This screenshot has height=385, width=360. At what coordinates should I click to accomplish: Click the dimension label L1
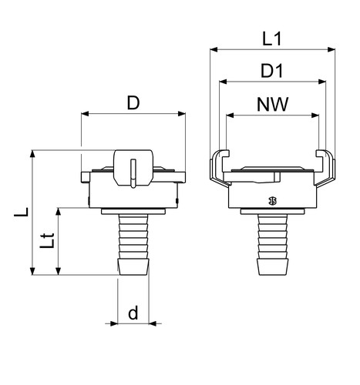(272, 39)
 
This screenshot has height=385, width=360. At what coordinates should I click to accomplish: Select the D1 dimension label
(271, 71)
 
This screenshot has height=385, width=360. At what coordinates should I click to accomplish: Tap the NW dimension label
(272, 104)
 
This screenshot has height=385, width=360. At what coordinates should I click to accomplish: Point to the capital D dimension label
(133, 102)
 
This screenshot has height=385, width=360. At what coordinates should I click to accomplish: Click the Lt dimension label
(47, 240)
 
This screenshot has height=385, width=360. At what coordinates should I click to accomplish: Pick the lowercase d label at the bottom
(133, 313)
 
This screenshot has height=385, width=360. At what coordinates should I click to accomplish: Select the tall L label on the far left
(21, 212)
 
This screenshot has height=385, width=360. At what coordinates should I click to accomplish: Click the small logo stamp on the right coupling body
(272, 201)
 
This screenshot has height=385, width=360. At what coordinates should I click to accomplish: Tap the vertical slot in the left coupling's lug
(133, 173)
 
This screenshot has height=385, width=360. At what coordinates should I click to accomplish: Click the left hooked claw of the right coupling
(219, 168)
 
